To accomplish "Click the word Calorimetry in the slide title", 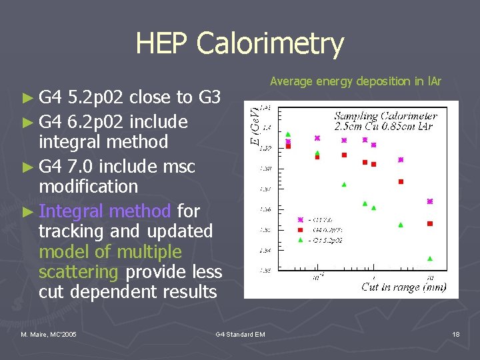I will [270, 45].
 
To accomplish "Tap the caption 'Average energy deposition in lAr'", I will [355, 81].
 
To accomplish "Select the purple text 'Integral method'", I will [105, 211].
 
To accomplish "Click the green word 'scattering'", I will [79, 272].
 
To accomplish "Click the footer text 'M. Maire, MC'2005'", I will [49, 334].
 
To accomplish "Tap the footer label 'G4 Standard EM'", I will [240, 334].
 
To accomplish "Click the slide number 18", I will [455, 334].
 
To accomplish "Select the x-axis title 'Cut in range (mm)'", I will [403, 287].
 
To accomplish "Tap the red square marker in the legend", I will [301, 229].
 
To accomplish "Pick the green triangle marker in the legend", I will [301, 239].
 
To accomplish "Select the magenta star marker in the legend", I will [301, 219].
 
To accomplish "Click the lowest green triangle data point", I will [430, 258].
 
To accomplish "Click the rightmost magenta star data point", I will [430, 201].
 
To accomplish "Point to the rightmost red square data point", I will [430, 223].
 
